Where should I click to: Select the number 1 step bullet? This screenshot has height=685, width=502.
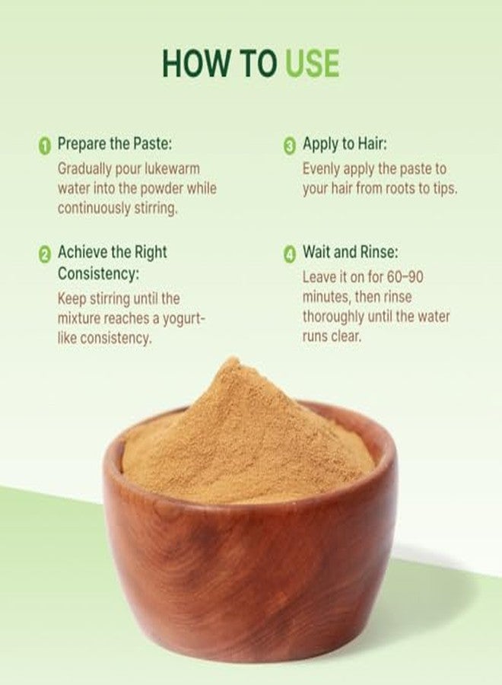coord(45,145)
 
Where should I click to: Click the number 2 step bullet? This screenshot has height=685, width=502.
coord(45,253)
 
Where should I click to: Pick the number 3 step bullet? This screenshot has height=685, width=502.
coord(290,145)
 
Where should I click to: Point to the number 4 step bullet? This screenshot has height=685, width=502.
coord(290,253)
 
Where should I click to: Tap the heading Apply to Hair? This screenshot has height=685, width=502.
coord(350,143)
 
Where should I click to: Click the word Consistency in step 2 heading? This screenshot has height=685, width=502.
coord(99,272)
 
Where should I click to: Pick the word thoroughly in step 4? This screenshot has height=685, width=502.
coord(338,316)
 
